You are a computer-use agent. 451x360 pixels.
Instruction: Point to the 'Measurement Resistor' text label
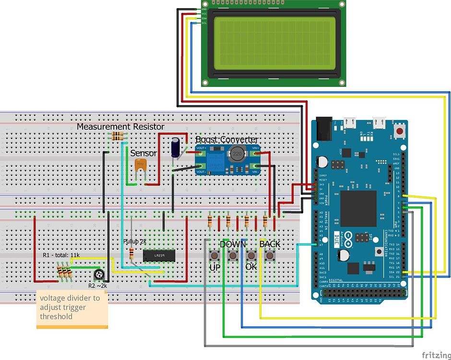pos(120,127)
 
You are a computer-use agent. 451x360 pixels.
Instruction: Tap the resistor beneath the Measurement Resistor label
pos(118,136)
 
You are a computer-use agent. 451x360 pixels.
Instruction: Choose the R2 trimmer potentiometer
pos(99,275)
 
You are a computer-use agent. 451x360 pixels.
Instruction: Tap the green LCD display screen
pos(274,42)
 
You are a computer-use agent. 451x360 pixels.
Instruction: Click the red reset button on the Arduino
pos(399,131)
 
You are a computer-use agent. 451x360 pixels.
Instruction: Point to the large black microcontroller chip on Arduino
pos(358,208)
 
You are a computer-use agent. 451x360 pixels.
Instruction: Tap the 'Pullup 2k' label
pos(135,241)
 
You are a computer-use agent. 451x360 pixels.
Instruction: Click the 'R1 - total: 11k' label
pos(61,255)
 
